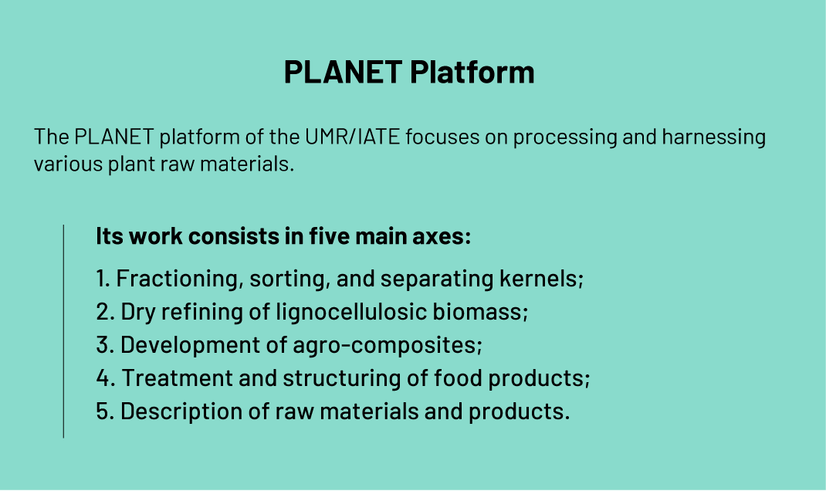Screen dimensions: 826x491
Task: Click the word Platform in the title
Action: tap(472, 72)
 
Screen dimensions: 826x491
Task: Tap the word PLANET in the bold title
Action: tap(343, 72)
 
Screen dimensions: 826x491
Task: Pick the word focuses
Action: tap(442, 137)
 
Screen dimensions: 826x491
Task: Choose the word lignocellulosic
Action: tap(351, 312)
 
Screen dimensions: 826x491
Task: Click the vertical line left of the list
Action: tap(63, 331)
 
